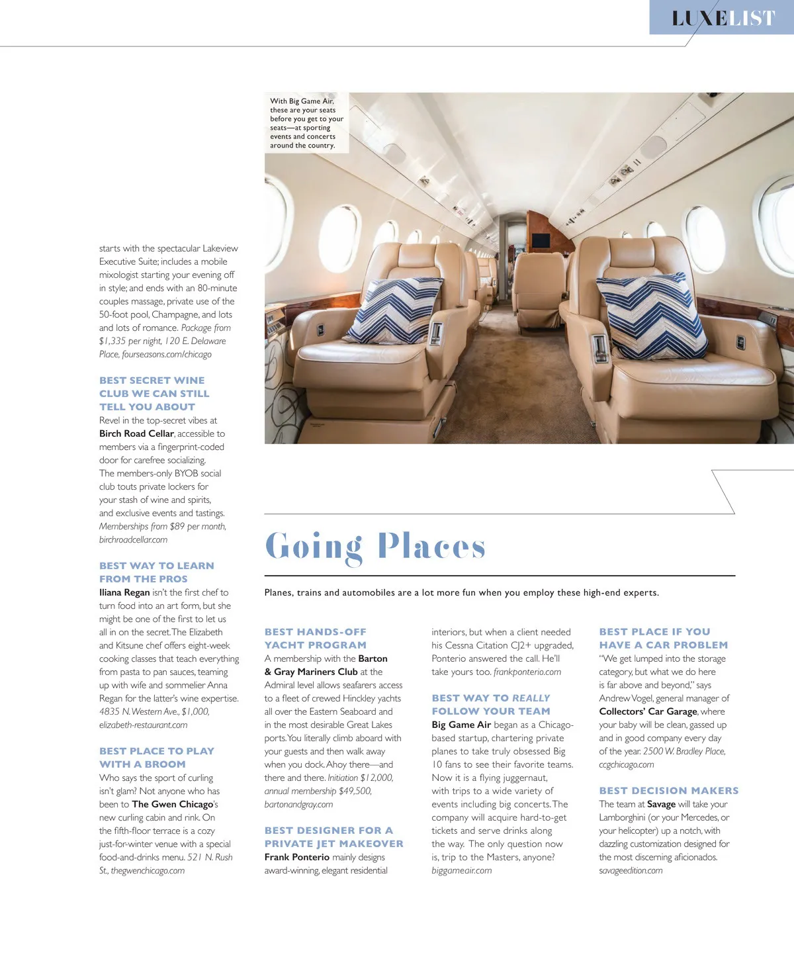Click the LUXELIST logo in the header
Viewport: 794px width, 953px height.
coord(723,18)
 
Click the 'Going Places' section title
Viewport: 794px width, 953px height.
coord(375,547)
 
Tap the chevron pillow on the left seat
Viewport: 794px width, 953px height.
coord(394,310)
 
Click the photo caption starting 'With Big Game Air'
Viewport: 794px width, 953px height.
coord(306,123)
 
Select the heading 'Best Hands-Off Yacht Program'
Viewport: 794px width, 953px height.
coord(316,639)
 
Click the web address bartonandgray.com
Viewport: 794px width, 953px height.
coord(298,804)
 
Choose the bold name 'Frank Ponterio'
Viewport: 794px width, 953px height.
coord(297,857)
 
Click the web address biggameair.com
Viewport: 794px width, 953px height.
coord(462,870)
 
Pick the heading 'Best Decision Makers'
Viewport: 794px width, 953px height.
coord(668,791)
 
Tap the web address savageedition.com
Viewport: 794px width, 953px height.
coord(631,870)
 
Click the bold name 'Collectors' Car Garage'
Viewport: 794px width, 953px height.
coord(648,711)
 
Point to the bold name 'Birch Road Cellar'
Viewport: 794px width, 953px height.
coord(136,433)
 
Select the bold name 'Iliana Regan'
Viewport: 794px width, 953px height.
coord(124,592)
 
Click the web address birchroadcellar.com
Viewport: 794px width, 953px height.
coord(133,539)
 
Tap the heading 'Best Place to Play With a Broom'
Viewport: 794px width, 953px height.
coord(156,758)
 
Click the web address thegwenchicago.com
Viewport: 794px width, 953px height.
coord(148,870)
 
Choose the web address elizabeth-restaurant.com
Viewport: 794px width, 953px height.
coord(143,725)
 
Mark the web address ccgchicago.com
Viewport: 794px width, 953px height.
coord(626,764)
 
